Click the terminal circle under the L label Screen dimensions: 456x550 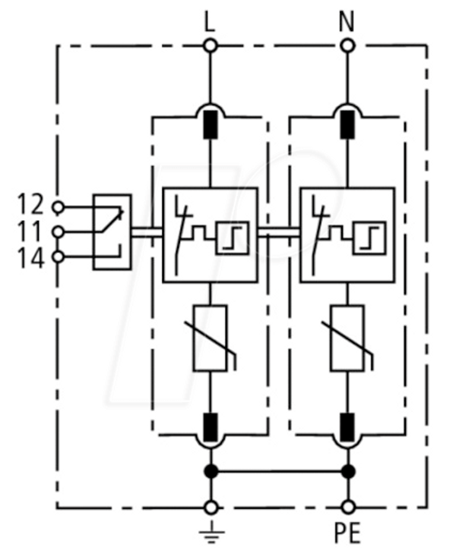[x=211, y=46]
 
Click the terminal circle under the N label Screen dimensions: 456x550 [x=347, y=46]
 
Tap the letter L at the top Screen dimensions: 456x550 [x=210, y=22]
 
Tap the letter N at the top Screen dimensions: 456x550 [x=347, y=21]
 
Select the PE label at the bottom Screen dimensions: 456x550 [x=347, y=533]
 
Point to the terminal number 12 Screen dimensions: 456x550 [x=31, y=205]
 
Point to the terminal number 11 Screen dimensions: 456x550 [x=31, y=231]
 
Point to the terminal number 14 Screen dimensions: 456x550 [x=31, y=258]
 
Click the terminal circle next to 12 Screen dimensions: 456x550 [x=58, y=207]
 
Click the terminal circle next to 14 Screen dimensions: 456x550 [x=58, y=256]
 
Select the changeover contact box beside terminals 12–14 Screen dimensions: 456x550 [x=112, y=232]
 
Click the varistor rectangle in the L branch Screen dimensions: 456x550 [x=210, y=338]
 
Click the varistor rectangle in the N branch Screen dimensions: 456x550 [x=347, y=338]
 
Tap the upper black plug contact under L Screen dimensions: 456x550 [x=211, y=124]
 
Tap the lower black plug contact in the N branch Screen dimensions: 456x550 [x=347, y=427]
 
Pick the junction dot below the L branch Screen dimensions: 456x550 [x=211, y=471]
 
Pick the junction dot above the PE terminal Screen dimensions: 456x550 [x=348, y=471]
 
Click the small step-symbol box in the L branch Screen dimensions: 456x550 [x=233, y=237]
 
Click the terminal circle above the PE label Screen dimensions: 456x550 [x=348, y=508]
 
